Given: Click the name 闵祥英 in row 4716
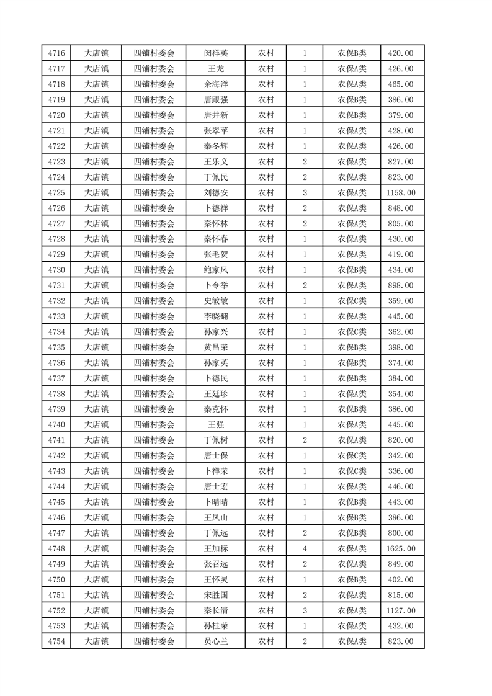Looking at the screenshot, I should [x=215, y=53].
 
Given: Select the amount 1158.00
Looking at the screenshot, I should [x=400, y=193].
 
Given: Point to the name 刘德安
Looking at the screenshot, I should [x=215, y=193].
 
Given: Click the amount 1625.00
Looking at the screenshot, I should [x=400, y=548].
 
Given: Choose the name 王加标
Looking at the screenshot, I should [x=215, y=548].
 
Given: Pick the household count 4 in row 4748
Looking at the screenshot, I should [x=305, y=548].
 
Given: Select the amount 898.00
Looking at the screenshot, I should [x=400, y=285].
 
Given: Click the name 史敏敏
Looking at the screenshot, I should [x=215, y=301].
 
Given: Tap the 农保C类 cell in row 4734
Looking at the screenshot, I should [x=352, y=332].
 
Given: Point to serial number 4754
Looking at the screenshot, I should [x=56, y=641].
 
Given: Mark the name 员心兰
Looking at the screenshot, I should [x=215, y=641].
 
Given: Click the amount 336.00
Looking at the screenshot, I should [x=400, y=471].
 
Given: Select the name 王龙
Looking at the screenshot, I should [x=215, y=69].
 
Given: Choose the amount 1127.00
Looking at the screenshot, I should [x=400, y=610].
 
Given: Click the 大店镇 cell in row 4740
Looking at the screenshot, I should [x=97, y=425].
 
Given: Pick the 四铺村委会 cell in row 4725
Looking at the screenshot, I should [x=154, y=193].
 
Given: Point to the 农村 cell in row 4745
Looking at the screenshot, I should [x=266, y=502].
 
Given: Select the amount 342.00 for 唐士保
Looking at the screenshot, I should [x=400, y=455].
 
